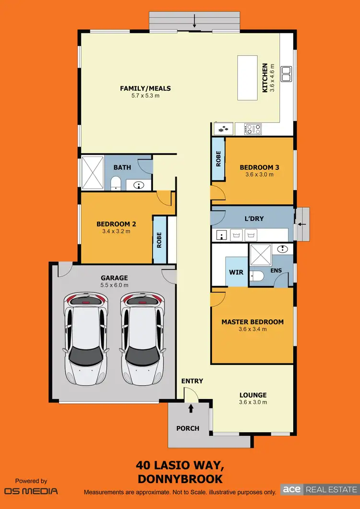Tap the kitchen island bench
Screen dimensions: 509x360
(247, 78)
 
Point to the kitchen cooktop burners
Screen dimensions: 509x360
(253, 129)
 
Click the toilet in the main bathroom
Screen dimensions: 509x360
(115, 183)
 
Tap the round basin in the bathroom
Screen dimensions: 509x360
(139, 185)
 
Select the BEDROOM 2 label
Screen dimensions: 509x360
(116, 224)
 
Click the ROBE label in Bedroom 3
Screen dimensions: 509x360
(218, 159)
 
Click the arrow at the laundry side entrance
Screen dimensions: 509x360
(302, 224)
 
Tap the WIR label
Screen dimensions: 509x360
(236, 272)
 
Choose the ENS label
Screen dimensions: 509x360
(276, 271)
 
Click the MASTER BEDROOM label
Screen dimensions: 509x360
(252, 322)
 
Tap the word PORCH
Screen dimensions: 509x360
(188, 428)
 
